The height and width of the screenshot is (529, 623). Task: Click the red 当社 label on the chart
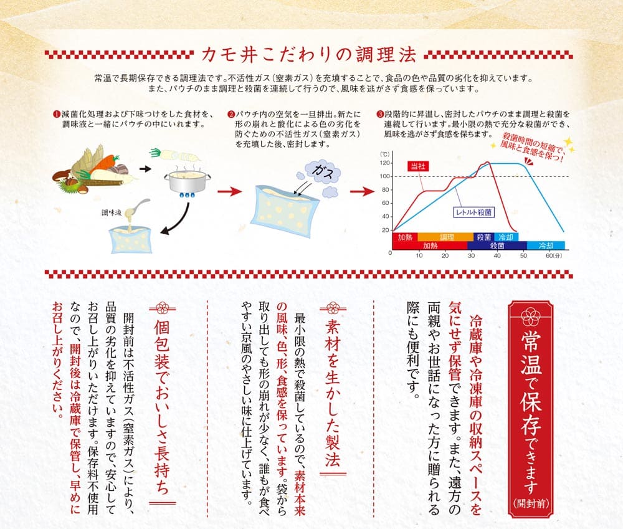pyautogui.click(x=416, y=166)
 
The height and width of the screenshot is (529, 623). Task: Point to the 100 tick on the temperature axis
pyautogui.click(x=385, y=176)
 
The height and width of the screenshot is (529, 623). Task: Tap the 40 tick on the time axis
pyautogui.click(x=497, y=255)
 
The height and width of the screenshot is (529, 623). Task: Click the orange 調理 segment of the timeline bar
pyautogui.click(x=447, y=237)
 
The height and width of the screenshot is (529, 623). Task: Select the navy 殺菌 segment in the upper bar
pyautogui.click(x=483, y=237)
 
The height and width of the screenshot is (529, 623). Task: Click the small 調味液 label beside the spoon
pyautogui.click(x=112, y=212)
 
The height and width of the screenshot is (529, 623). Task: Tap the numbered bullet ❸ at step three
pyautogui.click(x=381, y=115)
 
